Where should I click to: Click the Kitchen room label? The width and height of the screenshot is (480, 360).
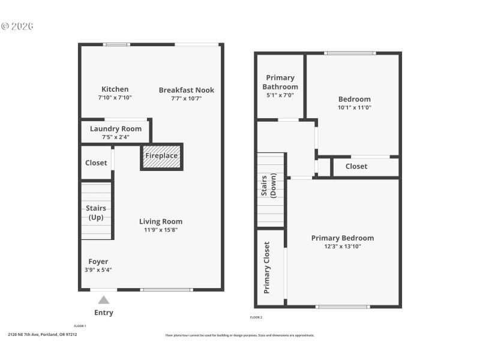(115, 89)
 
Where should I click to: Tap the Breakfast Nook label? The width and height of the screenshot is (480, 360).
(186, 90)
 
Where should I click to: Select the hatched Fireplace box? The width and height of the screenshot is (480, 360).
(161, 156)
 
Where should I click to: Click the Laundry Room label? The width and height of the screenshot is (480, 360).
(116, 128)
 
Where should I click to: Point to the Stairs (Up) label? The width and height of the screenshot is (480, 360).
(96, 212)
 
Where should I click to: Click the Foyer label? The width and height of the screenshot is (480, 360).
(98, 262)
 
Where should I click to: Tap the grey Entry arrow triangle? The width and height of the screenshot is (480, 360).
(104, 299)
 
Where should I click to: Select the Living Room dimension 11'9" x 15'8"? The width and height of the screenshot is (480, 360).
(160, 229)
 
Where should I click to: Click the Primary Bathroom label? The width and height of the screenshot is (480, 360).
(280, 82)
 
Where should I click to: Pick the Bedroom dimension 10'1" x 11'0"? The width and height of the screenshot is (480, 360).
(354, 107)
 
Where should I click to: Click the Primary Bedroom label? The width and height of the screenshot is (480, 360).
(342, 238)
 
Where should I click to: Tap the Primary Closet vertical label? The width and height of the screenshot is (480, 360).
(267, 267)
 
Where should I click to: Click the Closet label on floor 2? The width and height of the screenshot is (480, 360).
(356, 166)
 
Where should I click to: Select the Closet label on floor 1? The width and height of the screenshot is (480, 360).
(96, 163)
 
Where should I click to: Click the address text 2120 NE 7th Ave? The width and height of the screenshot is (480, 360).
(43, 335)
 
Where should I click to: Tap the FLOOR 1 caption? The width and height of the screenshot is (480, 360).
(80, 326)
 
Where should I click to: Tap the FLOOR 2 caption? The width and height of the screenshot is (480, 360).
(256, 317)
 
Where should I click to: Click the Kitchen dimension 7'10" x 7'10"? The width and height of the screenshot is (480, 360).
(115, 97)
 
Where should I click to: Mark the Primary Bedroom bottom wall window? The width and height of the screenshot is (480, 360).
(343, 307)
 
